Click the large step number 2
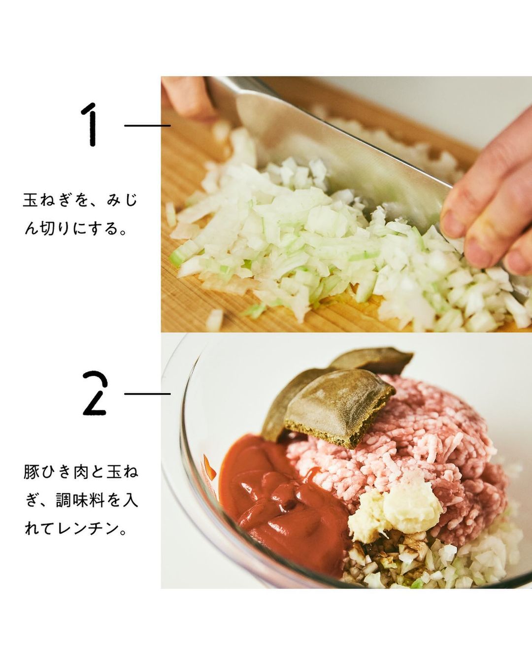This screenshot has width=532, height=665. [95, 393]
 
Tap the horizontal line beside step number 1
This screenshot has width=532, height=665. [147, 126]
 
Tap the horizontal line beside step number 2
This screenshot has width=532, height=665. [147, 394]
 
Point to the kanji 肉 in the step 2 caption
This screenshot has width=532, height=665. [81, 472]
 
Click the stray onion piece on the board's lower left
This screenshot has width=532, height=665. [215, 320]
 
